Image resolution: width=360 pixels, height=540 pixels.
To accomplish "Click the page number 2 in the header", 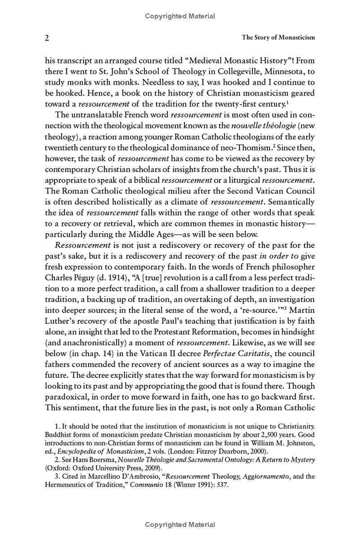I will point(47,38).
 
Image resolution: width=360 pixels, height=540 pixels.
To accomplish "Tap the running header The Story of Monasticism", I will point(278,38).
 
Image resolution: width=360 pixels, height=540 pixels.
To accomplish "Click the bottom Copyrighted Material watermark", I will point(180,525).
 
